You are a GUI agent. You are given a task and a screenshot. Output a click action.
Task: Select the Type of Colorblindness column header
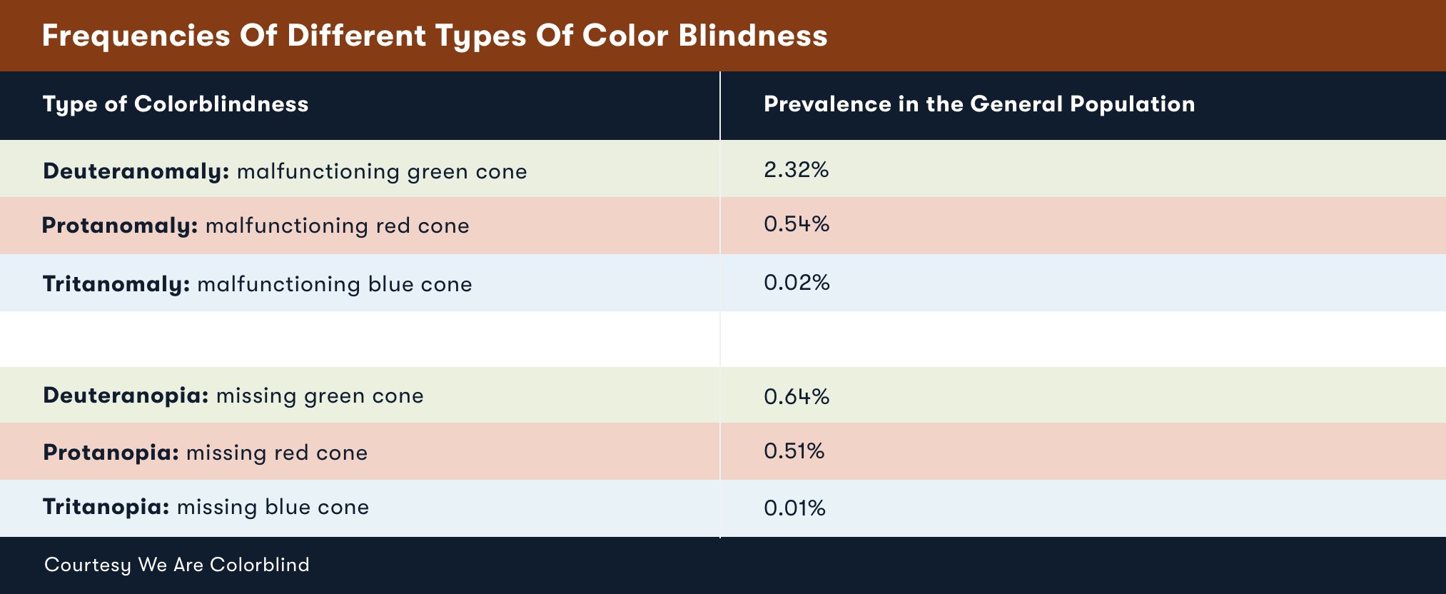click(x=176, y=104)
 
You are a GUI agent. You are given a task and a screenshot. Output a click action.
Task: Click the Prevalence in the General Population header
click(x=979, y=104)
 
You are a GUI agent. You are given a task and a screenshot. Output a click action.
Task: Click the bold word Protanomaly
click(x=119, y=226)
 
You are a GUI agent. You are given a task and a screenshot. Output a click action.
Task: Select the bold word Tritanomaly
click(x=116, y=284)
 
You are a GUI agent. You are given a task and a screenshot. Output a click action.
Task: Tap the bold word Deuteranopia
click(x=126, y=396)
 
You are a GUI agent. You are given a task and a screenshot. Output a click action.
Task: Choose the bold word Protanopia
click(x=111, y=453)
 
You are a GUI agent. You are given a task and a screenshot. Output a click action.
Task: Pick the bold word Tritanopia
click(x=106, y=507)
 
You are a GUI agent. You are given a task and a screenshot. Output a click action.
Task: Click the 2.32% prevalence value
click(x=796, y=170)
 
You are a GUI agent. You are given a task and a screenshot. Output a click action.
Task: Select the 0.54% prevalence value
click(x=797, y=224)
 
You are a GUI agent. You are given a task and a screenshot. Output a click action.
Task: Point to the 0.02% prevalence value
click(x=797, y=283)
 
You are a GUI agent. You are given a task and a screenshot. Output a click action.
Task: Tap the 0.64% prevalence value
click(x=797, y=397)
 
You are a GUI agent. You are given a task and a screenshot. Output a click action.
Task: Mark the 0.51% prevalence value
click(x=794, y=451)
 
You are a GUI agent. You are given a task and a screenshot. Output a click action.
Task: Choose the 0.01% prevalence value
click(x=794, y=508)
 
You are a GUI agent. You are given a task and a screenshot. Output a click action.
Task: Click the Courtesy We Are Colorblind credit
click(x=177, y=565)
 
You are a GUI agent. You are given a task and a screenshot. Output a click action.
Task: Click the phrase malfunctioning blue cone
click(x=335, y=284)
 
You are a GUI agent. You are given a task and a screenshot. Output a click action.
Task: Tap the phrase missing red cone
click(x=277, y=453)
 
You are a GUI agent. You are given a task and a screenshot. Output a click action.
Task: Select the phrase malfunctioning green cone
click(x=382, y=171)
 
